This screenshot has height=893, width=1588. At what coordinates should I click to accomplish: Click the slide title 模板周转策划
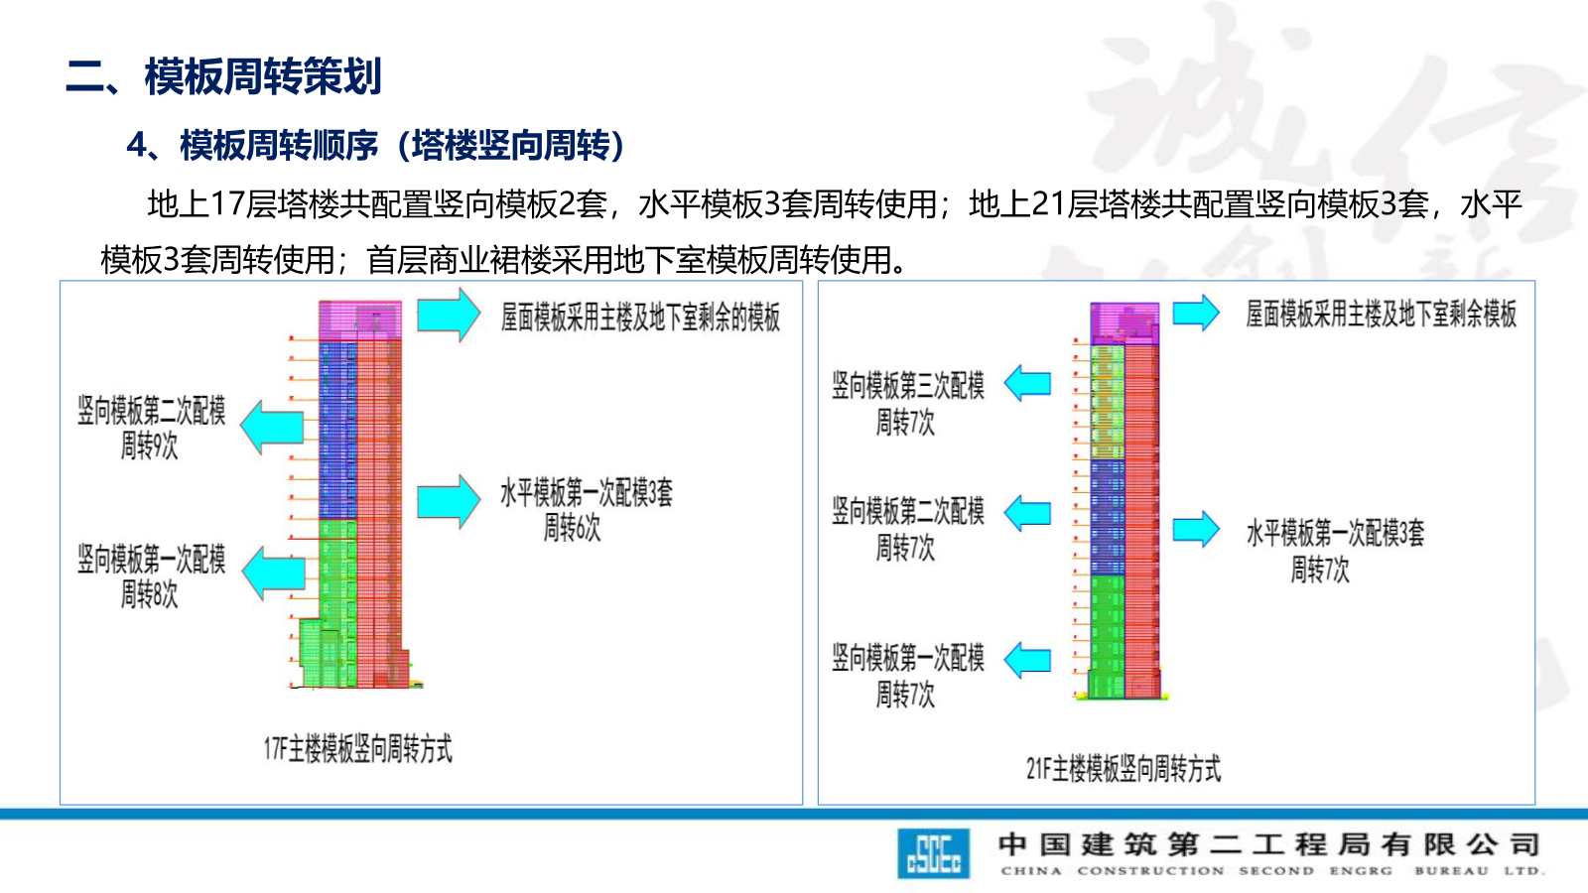(x=262, y=76)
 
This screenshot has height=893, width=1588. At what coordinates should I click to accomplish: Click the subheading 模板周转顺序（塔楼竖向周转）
(x=401, y=145)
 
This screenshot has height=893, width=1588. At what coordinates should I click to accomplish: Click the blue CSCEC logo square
(x=933, y=853)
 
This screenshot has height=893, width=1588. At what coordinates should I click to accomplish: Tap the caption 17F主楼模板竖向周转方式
(x=357, y=748)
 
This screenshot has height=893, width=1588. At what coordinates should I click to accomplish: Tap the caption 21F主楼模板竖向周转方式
(x=1123, y=768)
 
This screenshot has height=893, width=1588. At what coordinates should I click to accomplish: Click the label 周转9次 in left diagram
(x=150, y=446)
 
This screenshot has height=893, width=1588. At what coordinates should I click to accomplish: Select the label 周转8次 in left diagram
(x=150, y=594)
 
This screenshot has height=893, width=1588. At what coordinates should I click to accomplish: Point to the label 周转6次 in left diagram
(x=572, y=527)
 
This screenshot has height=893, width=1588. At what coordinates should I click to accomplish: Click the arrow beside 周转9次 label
(x=272, y=428)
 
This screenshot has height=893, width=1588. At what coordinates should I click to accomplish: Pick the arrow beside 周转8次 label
(x=273, y=574)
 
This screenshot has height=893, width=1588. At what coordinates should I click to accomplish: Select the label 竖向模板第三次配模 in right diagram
(x=908, y=385)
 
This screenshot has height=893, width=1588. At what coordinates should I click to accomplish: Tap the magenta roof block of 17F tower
(x=359, y=320)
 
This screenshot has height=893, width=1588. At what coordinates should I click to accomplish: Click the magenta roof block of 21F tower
(x=1125, y=323)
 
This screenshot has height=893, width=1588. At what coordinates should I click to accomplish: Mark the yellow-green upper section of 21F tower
(x=1107, y=401)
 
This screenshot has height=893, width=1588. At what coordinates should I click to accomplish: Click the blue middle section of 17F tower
(x=337, y=430)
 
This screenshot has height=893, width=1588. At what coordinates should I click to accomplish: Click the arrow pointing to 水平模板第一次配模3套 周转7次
(x=1195, y=530)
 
